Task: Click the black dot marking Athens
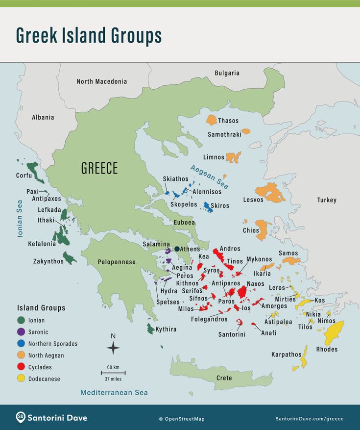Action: click(177, 249)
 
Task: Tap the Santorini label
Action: click(232, 334)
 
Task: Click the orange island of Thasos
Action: click(211, 120)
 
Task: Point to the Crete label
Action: click(224, 378)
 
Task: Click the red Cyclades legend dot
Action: click(21, 367)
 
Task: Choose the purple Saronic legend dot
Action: click(21, 332)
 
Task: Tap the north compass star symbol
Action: click(113, 348)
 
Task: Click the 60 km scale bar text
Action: click(113, 367)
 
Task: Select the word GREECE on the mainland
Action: click(99, 169)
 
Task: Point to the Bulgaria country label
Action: click(227, 73)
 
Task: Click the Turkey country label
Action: click(327, 200)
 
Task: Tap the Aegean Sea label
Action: click(209, 177)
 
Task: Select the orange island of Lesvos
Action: click(270, 192)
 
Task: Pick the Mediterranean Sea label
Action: click(114, 393)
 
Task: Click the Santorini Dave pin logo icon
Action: click(21, 418)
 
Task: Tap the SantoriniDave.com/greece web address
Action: click(310, 419)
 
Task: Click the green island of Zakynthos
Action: click(69, 257)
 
